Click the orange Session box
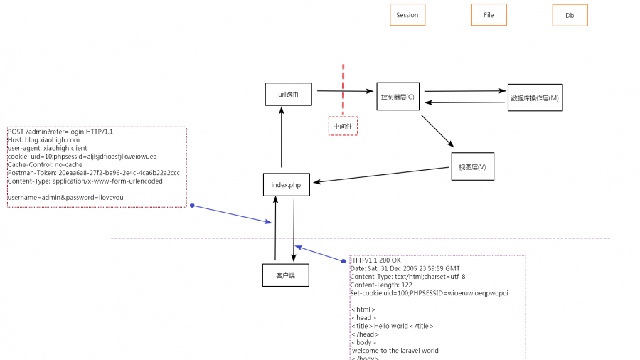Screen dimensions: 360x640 click(x=407, y=15)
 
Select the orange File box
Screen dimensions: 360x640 click(x=489, y=15)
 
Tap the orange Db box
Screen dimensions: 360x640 click(x=570, y=16)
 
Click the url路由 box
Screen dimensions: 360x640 click(x=288, y=94)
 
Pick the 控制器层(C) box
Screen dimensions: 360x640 click(x=398, y=97)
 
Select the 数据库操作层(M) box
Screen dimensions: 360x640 click(x=535, y=98)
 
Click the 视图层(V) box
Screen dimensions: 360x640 click(x=472, y=166)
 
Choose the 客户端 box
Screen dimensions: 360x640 click(x=285, y=274)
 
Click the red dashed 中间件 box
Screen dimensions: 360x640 click(x=343, y=126)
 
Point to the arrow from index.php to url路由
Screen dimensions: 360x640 click(x=282, y=139)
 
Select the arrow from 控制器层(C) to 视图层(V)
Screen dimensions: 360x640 click(x=437, y=131)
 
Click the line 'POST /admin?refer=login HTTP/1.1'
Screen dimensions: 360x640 click(x=60, y=132)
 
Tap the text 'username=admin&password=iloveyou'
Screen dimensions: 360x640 click(x=60, y=197)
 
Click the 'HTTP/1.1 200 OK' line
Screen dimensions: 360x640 click(x=375, y=260)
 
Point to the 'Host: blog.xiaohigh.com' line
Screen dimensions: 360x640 click(x=43, y=140)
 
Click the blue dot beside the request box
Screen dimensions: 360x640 click(x=192, y=206)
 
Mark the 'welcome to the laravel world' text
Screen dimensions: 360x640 click(x=395, y=350)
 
